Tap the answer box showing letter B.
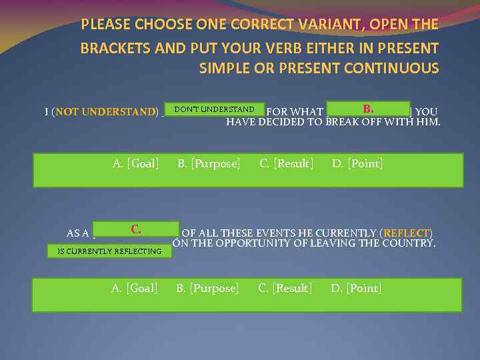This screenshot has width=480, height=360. (x=368, y=109)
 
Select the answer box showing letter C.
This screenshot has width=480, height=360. (x=136, y=229)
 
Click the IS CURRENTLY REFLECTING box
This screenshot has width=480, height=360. (x=109, y=251)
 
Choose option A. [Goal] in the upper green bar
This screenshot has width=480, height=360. (x=135, y=163)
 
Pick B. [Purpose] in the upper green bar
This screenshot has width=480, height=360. (x=209, y=163)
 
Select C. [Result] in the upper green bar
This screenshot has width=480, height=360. (x=287, y=163)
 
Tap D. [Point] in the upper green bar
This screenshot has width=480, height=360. (x=357, y=163)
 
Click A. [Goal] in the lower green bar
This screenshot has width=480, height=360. (x=135, y=288)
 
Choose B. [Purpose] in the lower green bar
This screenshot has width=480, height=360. (x=207, y=288)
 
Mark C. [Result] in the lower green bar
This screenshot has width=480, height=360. (x=285, y=288)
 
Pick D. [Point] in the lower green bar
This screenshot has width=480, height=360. (x=356, y=288)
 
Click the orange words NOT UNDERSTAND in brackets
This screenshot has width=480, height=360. (x=105, y=112)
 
